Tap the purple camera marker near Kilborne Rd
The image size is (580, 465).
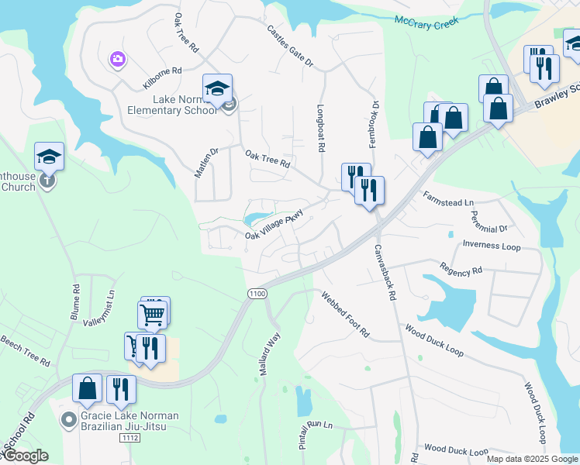[118, 59]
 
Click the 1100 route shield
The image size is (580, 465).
[257, 293]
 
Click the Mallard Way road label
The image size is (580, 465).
[268, 356]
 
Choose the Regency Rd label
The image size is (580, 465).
[461, 270]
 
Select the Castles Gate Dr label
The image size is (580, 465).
[289, 44]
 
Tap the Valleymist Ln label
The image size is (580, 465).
[98, 317]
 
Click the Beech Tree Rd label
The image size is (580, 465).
[25, 350]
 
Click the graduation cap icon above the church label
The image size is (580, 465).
[50, 156]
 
